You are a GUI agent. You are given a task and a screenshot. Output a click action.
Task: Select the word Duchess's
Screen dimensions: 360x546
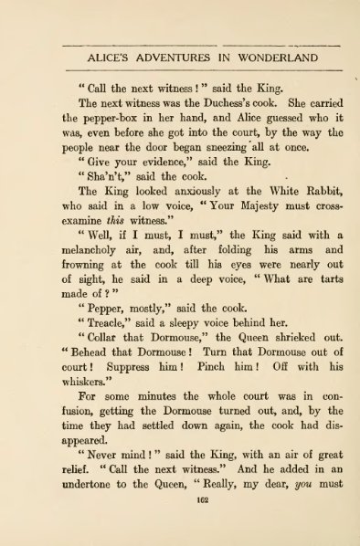tap(231, 103)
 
